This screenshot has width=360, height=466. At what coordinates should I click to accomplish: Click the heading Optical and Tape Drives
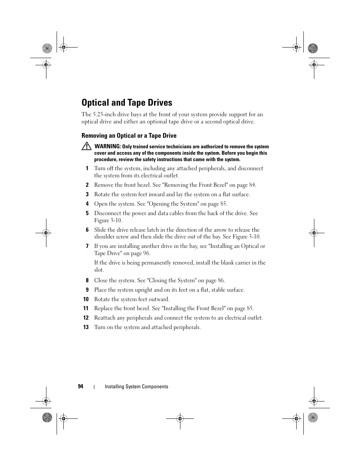pyautogui.click(x=127, y=103)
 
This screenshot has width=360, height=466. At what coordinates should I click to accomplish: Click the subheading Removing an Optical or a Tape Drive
pyautogui.click(x=129, y=136)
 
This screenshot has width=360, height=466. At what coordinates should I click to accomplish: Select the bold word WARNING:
pyautogui.click(x=108, y=146)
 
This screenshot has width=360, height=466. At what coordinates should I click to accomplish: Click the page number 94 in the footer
pyautogui.click(x=80, y=386)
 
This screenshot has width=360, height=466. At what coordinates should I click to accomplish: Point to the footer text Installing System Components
pyautogui.click(x=136, y=386)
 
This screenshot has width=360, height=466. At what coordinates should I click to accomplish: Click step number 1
pyautogui.click(x=87, y=169)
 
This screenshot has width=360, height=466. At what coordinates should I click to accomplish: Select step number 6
pyautogui.click(x=87, y=230)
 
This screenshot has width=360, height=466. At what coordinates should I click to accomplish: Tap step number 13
pyautogui.click(x=86, y=327)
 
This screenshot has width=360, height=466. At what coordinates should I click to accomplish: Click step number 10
pyautogui.click(x=86, y=299)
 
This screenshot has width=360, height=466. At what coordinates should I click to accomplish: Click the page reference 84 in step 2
pyautogui.click(x=252, y=185)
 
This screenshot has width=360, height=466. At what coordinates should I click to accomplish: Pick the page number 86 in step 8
pyautogui.click(x=221, y=280)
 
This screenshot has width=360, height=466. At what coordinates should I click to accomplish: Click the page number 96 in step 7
pyautogui.click(x=146, y=253)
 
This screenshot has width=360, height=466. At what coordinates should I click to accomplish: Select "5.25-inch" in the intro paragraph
pyautogui.click(x=104, y=114)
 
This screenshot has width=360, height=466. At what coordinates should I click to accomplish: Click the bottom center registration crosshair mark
pyautogui.click(x=180, y=418)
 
